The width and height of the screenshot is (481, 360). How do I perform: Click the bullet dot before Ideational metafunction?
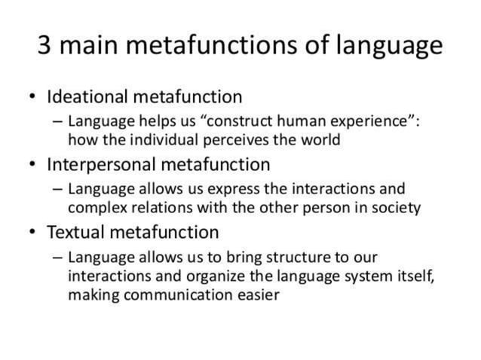point(31,98)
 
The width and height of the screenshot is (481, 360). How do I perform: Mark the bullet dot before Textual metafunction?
point(31,232)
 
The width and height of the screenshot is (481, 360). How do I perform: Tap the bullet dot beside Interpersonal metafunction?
point(31,165)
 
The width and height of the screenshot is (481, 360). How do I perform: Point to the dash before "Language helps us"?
point(58,121)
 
